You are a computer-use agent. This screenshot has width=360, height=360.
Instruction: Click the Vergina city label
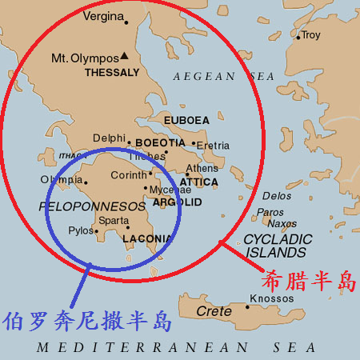pyautogui.click(x=106, y=17)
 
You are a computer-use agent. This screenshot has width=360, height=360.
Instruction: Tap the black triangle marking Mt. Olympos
pyautogui.click(x=125, y=56)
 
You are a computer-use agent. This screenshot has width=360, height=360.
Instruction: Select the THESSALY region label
pyautogui.click(x=112, y=72)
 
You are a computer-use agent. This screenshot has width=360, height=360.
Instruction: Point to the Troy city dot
pyautogui.click(x=298, y=36)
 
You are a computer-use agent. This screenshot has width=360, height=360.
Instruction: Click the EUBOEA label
pyautogui.click(x=186, y=121)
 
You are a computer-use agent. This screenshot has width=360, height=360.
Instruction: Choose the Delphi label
pyautogui.click(x=110, y=138)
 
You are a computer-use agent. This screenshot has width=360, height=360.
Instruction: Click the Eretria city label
pyautogui.click(x=213, y=146)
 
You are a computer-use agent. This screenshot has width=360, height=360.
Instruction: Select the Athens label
pyautogui.click(x=202, y=168)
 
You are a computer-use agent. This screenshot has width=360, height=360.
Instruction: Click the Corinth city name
pyautogui.click(x=128, y=174)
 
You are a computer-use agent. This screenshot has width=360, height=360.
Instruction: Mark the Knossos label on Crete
pyautogui.click(x=266, y=299)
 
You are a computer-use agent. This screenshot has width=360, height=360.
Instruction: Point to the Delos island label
pyautogui.click(x=277, y=195)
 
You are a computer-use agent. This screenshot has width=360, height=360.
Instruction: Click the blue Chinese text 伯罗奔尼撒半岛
pyautogui.click(x=87, y=322)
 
